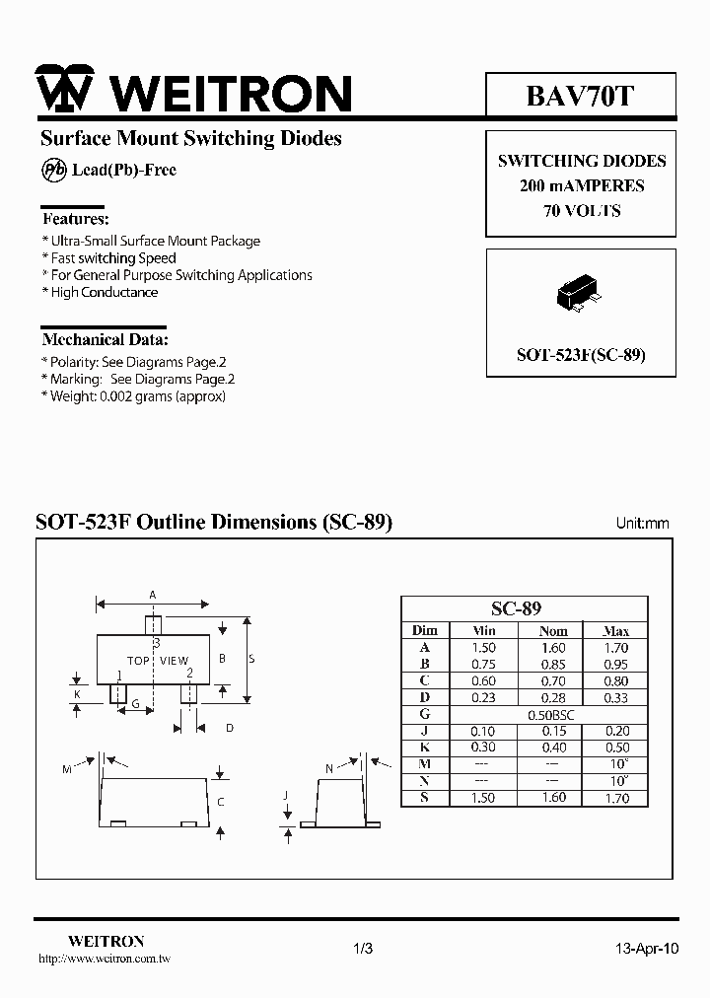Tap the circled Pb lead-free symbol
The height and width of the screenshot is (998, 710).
tap(53, 170)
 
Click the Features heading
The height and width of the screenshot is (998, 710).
tap(76, 219)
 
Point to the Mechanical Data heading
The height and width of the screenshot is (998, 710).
tap(105, 339)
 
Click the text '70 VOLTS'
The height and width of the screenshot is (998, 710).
tap(581, 211)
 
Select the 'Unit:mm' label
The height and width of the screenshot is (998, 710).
tap(642, 524)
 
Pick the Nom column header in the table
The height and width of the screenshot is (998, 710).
tap(554, 631)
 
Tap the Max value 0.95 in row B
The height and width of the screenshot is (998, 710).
tap(616, 664)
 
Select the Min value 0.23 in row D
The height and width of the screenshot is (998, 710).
tap(484, 697)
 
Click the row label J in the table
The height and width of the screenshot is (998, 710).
tap(424, 731)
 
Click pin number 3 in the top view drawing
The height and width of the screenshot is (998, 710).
tap(156, 643)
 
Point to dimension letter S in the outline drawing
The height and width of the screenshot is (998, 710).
tap(251, 659)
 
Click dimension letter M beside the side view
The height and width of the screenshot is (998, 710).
tap(67, 769)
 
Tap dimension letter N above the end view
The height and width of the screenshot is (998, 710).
tap(328, 767)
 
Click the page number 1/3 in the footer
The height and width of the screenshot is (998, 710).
tap(362, 949)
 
